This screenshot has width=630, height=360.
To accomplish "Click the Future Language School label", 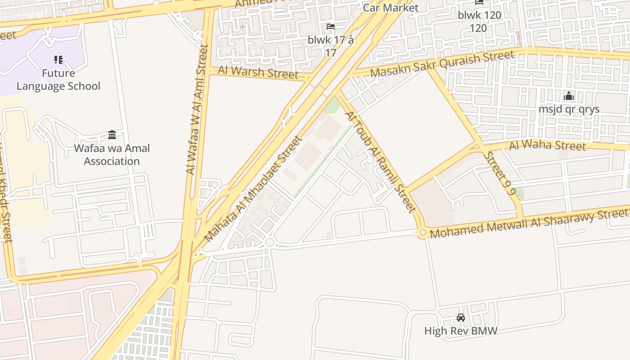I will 58,80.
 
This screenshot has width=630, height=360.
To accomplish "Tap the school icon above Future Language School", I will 58,59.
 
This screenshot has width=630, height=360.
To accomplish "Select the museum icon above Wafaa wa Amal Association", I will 112,135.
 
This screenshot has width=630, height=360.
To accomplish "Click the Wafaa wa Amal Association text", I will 112,155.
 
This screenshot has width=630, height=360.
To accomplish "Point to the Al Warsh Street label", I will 258,72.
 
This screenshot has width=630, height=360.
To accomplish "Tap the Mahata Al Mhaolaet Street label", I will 253,189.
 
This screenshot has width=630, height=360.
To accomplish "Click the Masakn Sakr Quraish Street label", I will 442,64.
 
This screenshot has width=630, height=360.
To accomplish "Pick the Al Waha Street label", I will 547,146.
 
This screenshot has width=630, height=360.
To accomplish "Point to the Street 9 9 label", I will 500,172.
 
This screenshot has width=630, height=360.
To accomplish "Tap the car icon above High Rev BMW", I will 460,318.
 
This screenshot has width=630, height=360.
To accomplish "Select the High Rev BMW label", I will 460,331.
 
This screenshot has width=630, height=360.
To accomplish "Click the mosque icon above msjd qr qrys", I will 569,96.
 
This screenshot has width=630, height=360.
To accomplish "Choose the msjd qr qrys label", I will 569,109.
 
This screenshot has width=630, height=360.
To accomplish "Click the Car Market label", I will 391,8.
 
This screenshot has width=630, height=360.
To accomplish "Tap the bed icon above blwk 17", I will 331,27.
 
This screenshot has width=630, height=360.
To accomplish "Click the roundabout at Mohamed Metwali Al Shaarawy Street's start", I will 422,234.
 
